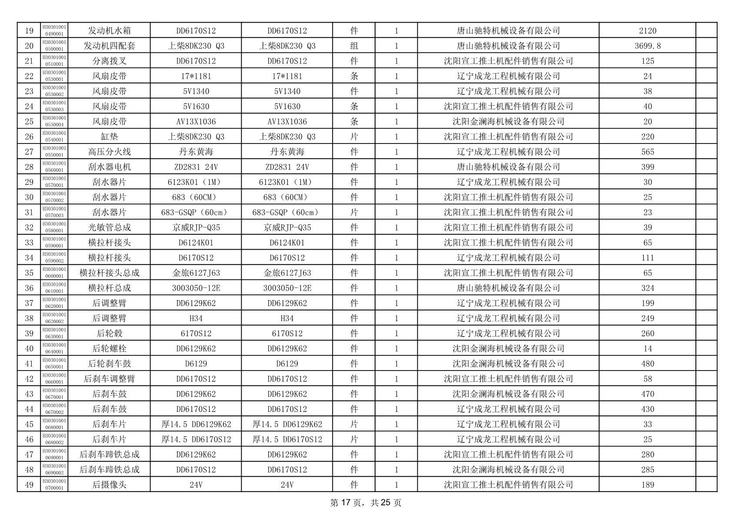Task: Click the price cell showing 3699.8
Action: tap(647, 46)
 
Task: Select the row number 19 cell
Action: tap(29, 30)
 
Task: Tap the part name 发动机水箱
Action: tap(109, 30)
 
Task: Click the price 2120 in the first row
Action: tap(647, 30)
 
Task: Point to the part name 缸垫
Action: tap(109, 137)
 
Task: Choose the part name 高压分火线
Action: tap(109, 152)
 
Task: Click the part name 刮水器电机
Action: tap(109, 167)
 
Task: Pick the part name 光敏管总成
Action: tap(109, 227)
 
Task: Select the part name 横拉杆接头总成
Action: tap(109, 273)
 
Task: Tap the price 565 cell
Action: tap(647, 152)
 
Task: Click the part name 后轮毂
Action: tap(109, 333)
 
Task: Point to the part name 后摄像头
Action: tap(109, 485)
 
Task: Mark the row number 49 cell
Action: tap(29, 485)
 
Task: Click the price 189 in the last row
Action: tap(647, 485)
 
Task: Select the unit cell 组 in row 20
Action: tap(354, 46)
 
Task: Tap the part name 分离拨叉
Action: tap(109, 61)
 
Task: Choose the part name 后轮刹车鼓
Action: tap(109, 364)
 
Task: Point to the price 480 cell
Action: tap(647, 364)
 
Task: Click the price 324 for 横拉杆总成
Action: tap(647, 288)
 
